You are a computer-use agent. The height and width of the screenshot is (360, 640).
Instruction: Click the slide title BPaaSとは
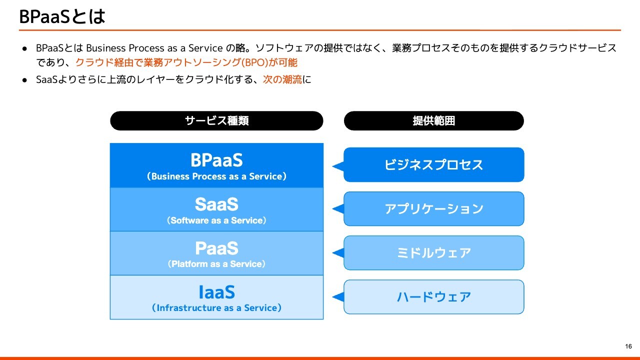pyautogui.click(x=62, y=16)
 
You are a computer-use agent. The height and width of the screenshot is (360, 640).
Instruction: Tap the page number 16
pyautogui.click(x=628, y=346)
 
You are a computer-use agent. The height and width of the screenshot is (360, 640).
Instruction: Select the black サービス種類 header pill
pyautogui.click(x=216, y=121)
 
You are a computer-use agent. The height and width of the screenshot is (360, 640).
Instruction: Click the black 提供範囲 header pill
pyautogui.click(x=433, y=121)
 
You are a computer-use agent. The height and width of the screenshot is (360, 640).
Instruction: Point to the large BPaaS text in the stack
pyautogui.click(x=216, y=160)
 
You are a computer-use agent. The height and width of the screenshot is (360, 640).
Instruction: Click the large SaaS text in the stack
pyautogui.click(x=216, y=204)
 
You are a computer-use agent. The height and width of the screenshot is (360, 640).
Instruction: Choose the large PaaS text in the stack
pyautogui.click(x=216, y=248)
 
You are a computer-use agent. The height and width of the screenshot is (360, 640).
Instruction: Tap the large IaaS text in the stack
pyautogui.click(x=216, y=292)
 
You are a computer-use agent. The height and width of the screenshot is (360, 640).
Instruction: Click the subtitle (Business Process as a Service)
pyautogui.click(x=216, y=176)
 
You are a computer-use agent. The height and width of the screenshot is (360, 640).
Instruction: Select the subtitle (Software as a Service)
pyautogui.click(x=216, y=220)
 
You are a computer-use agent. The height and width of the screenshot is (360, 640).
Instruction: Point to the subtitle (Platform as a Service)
pyautogui.click(x=216, y=264)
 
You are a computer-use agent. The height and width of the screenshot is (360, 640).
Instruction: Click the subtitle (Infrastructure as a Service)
pyautogui.click(x=216, y=308)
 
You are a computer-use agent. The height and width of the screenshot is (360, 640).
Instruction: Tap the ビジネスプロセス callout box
pyautogui.click(x=433, y=164)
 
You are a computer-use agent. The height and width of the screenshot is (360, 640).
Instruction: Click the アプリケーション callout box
pyautogui.click(x=433, y=208)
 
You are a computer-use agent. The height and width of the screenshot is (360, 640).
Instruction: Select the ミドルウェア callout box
pyautogui.click(x=433, y=252)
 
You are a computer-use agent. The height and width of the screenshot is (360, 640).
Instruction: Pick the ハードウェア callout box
pyautogui.click(x=433, y=296)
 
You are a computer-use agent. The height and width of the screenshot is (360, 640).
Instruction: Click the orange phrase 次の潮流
pyautogui.click(x=282, y=79)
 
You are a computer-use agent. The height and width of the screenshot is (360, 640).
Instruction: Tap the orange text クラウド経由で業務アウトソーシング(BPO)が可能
pyautogui.click(x=186, y=62)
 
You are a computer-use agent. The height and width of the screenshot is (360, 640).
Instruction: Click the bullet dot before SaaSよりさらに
pyautogui.click(x=24, y=80)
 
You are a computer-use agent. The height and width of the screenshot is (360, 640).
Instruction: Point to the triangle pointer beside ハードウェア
pyautogui.click(x=339, y=297)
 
